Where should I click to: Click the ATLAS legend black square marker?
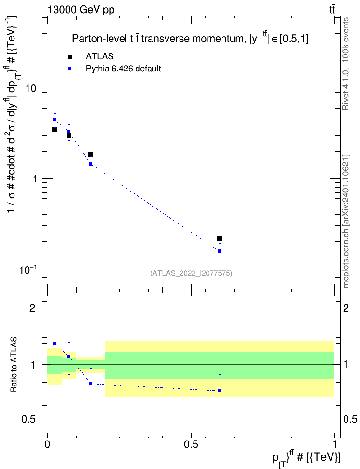[69, 57]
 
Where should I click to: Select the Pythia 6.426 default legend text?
[123, 69]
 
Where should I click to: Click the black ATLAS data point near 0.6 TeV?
[220, 238]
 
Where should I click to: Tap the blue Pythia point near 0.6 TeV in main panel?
[220, 251]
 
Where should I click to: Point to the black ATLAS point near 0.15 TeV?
[91, 154]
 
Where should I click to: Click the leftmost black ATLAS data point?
[55, 130]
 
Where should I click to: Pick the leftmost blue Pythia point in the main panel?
[55, 119]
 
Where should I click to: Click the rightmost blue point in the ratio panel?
[220, 391]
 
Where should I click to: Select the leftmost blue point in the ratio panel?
[55, 344]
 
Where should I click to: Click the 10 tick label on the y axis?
[31, 88]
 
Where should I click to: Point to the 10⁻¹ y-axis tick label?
[28, 270]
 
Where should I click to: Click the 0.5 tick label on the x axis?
[191, 445]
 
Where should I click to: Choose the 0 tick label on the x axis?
[47, 445]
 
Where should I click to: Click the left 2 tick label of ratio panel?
[33, 308]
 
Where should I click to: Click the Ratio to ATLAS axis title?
[14, 365]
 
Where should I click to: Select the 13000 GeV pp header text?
[81, 10]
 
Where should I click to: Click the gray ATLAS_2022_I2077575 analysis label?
[191, 273]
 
